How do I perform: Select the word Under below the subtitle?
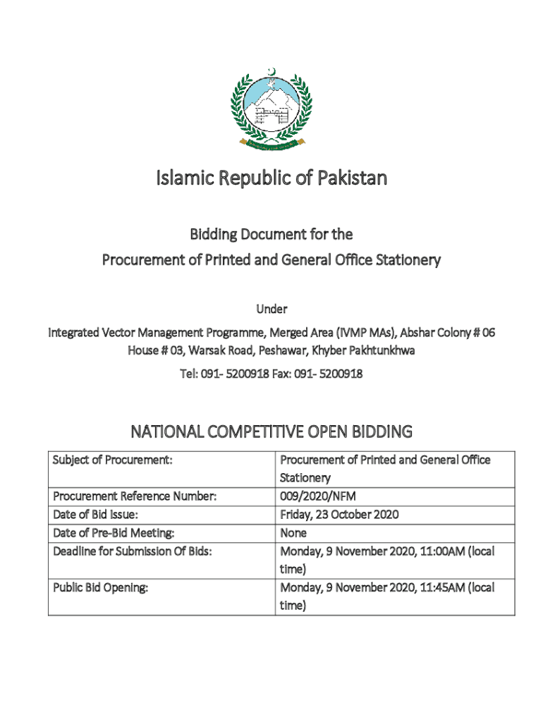coord(271,308)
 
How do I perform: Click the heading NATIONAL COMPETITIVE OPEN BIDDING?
coord(271,432)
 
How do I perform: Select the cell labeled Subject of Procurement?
coord(113,460)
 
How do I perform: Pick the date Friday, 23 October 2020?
coord(339,515)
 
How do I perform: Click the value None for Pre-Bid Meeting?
coord(293,533)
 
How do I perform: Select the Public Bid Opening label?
coord(100,587)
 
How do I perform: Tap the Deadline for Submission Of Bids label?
coord(132,551)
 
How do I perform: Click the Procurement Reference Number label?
coord(134,496)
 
